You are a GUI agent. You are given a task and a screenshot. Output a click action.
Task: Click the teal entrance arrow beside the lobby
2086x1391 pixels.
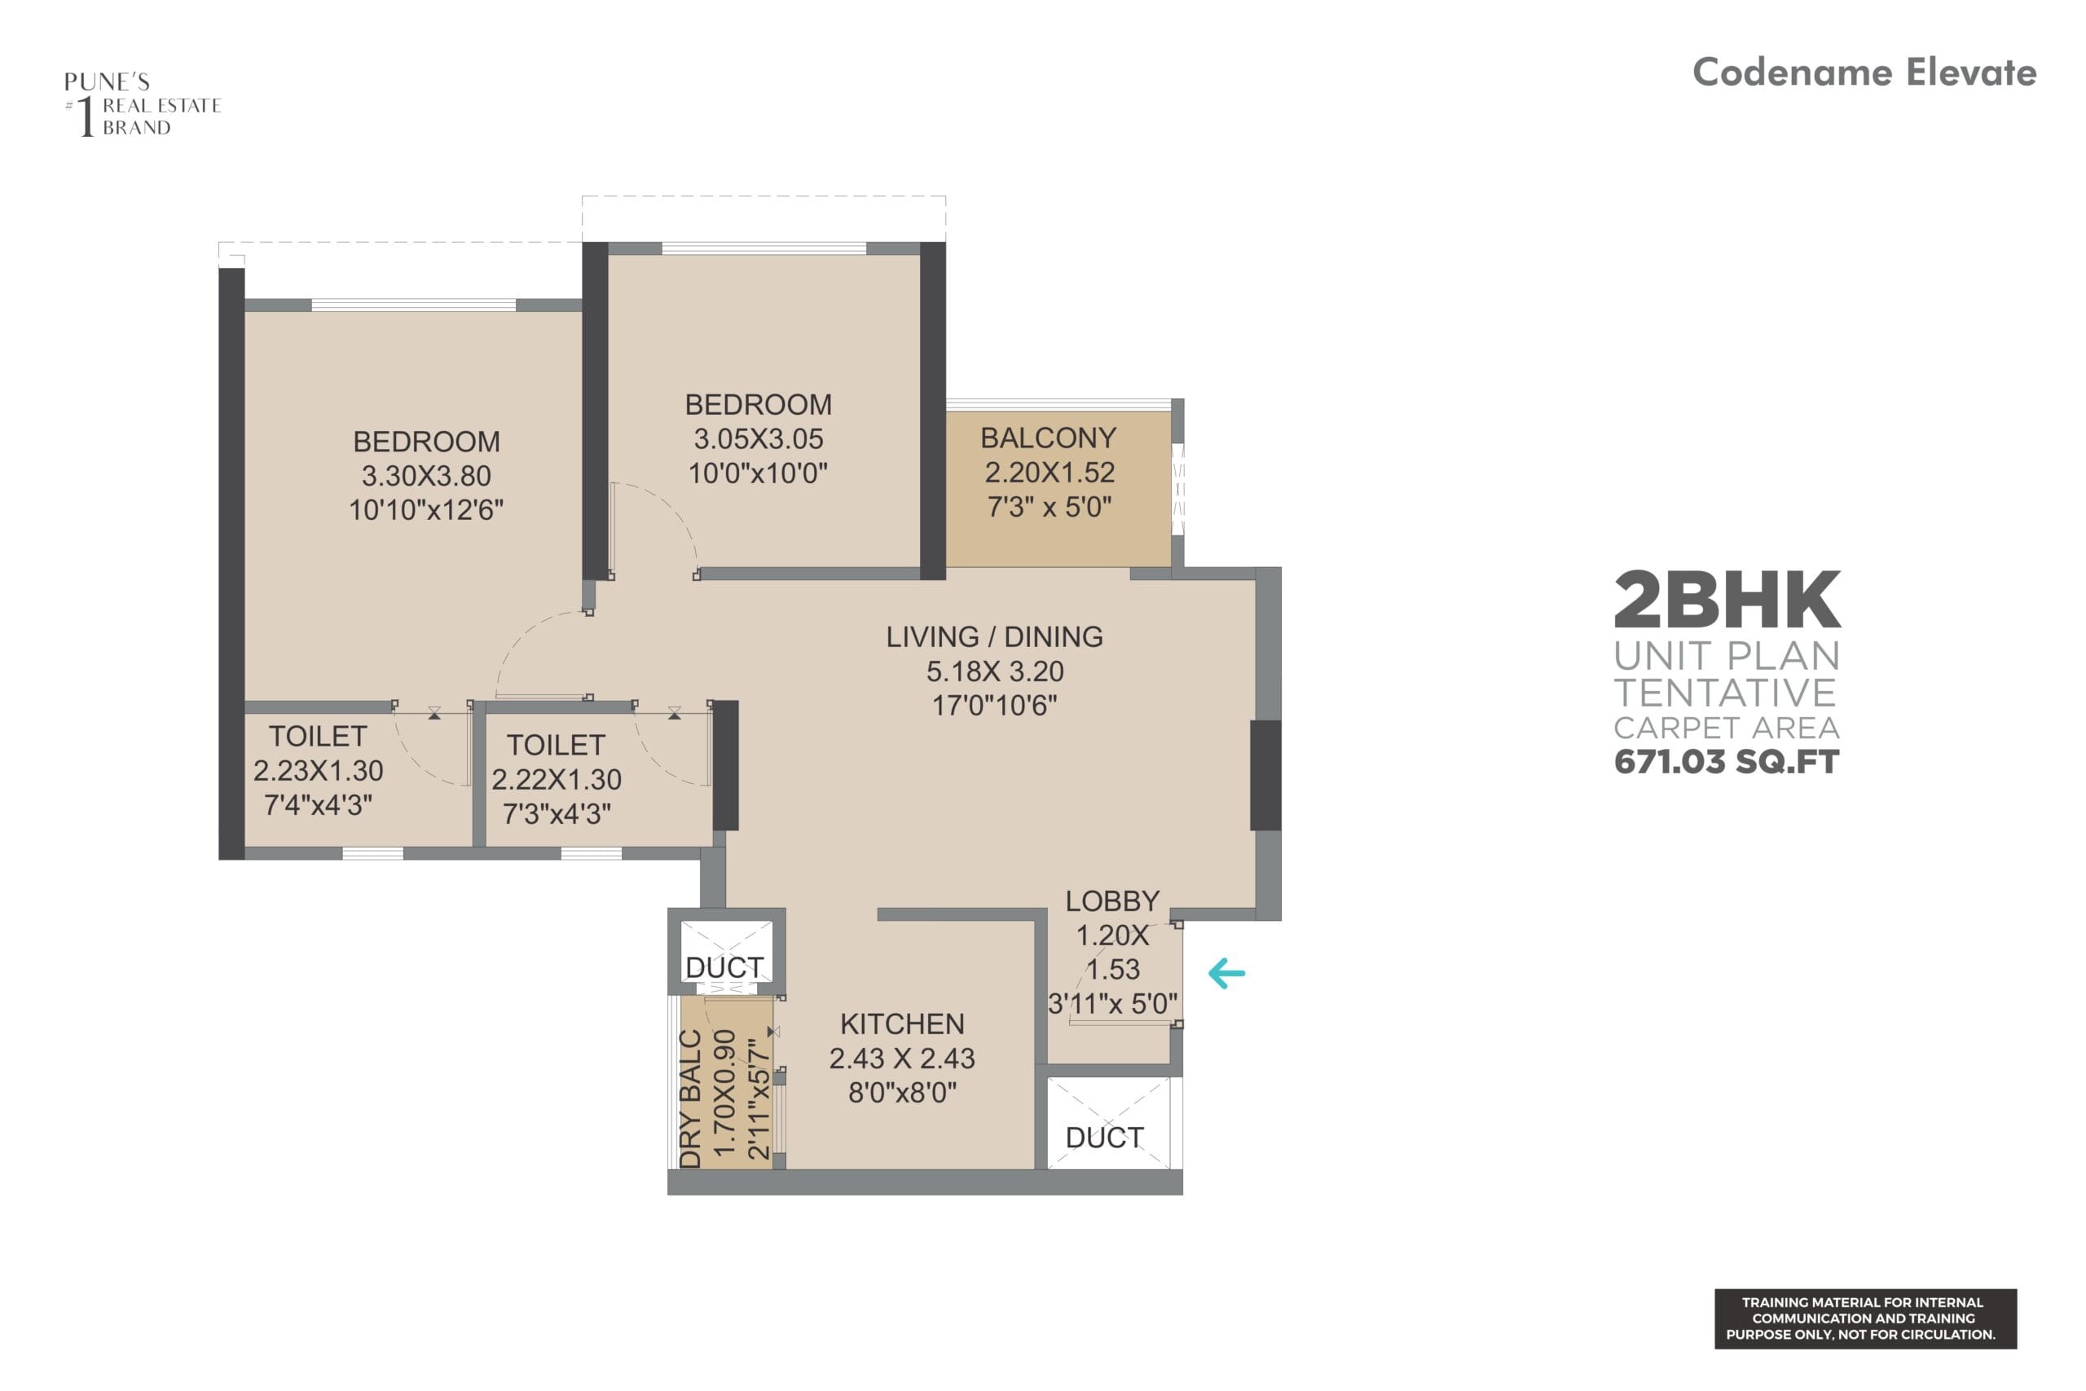click(1226, 973)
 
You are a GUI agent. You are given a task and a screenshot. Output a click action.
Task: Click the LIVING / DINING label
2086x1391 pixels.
click(994, 637)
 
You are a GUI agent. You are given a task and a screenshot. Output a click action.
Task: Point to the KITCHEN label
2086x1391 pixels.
click(902, 1024)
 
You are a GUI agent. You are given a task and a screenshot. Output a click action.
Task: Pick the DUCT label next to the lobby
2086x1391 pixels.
click(1104, 1138)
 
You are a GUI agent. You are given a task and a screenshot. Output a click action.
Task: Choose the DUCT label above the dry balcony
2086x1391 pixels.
click(724, 968)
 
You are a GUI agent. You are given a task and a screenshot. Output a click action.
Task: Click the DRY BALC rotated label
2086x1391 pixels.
click(691, 1099)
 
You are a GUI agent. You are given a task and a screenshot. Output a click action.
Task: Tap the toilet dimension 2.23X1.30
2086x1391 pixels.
click(319, 771)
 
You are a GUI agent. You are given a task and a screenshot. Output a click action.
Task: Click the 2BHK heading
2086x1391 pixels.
click(1727, 601)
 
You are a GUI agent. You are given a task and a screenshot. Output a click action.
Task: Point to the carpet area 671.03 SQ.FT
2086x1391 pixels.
click(1726, 762)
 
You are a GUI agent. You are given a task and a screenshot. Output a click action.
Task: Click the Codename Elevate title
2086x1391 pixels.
click(1864, 73)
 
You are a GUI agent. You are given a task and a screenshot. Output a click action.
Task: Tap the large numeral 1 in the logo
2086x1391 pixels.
click(86, 117)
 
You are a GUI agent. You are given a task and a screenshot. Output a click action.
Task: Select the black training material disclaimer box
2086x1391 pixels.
click(1865, 1319)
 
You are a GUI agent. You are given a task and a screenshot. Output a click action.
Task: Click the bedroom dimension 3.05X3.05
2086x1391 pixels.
click(759, 439)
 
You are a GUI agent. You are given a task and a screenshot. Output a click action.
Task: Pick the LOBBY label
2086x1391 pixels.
click(1112, 901)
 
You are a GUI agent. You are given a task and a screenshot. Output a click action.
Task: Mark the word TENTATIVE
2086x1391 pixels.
click(1725, 693)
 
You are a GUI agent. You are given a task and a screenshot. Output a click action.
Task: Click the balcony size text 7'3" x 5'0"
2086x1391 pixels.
click(1050, 508)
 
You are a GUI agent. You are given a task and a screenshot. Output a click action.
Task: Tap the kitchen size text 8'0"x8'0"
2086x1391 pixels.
click(902, 1093)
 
